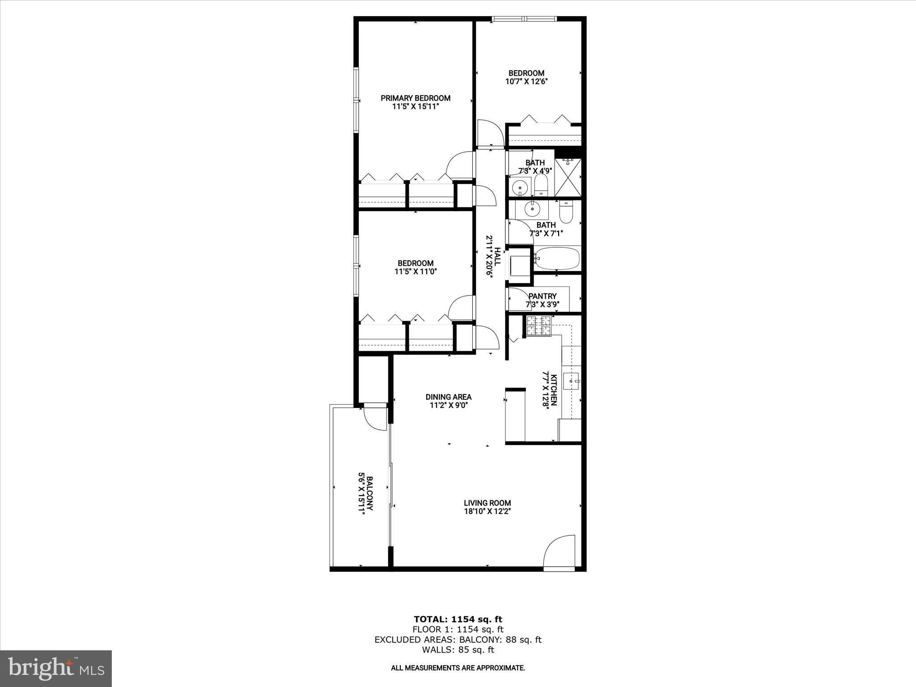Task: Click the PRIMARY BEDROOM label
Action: click(x=416, y=98)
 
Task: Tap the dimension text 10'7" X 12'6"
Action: click(x=526, y=81)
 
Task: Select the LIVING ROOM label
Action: click(x=487, y=503)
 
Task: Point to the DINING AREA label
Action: click(x=448, y=397)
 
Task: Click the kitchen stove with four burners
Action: click(x=539, y=326)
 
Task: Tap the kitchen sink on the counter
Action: click(x=572, y=381)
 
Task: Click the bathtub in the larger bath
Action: click(x=557, y=259)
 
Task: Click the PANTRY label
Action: click(x=543, y=296)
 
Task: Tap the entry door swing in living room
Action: click(x=558, y=551)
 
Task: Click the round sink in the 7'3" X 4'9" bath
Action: click(x=520, y=187)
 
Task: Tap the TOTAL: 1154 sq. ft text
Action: click(x=458, y=619)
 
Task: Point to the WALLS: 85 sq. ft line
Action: click(x=458, y=650)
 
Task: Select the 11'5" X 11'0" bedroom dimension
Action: click(x=416, y=271)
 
